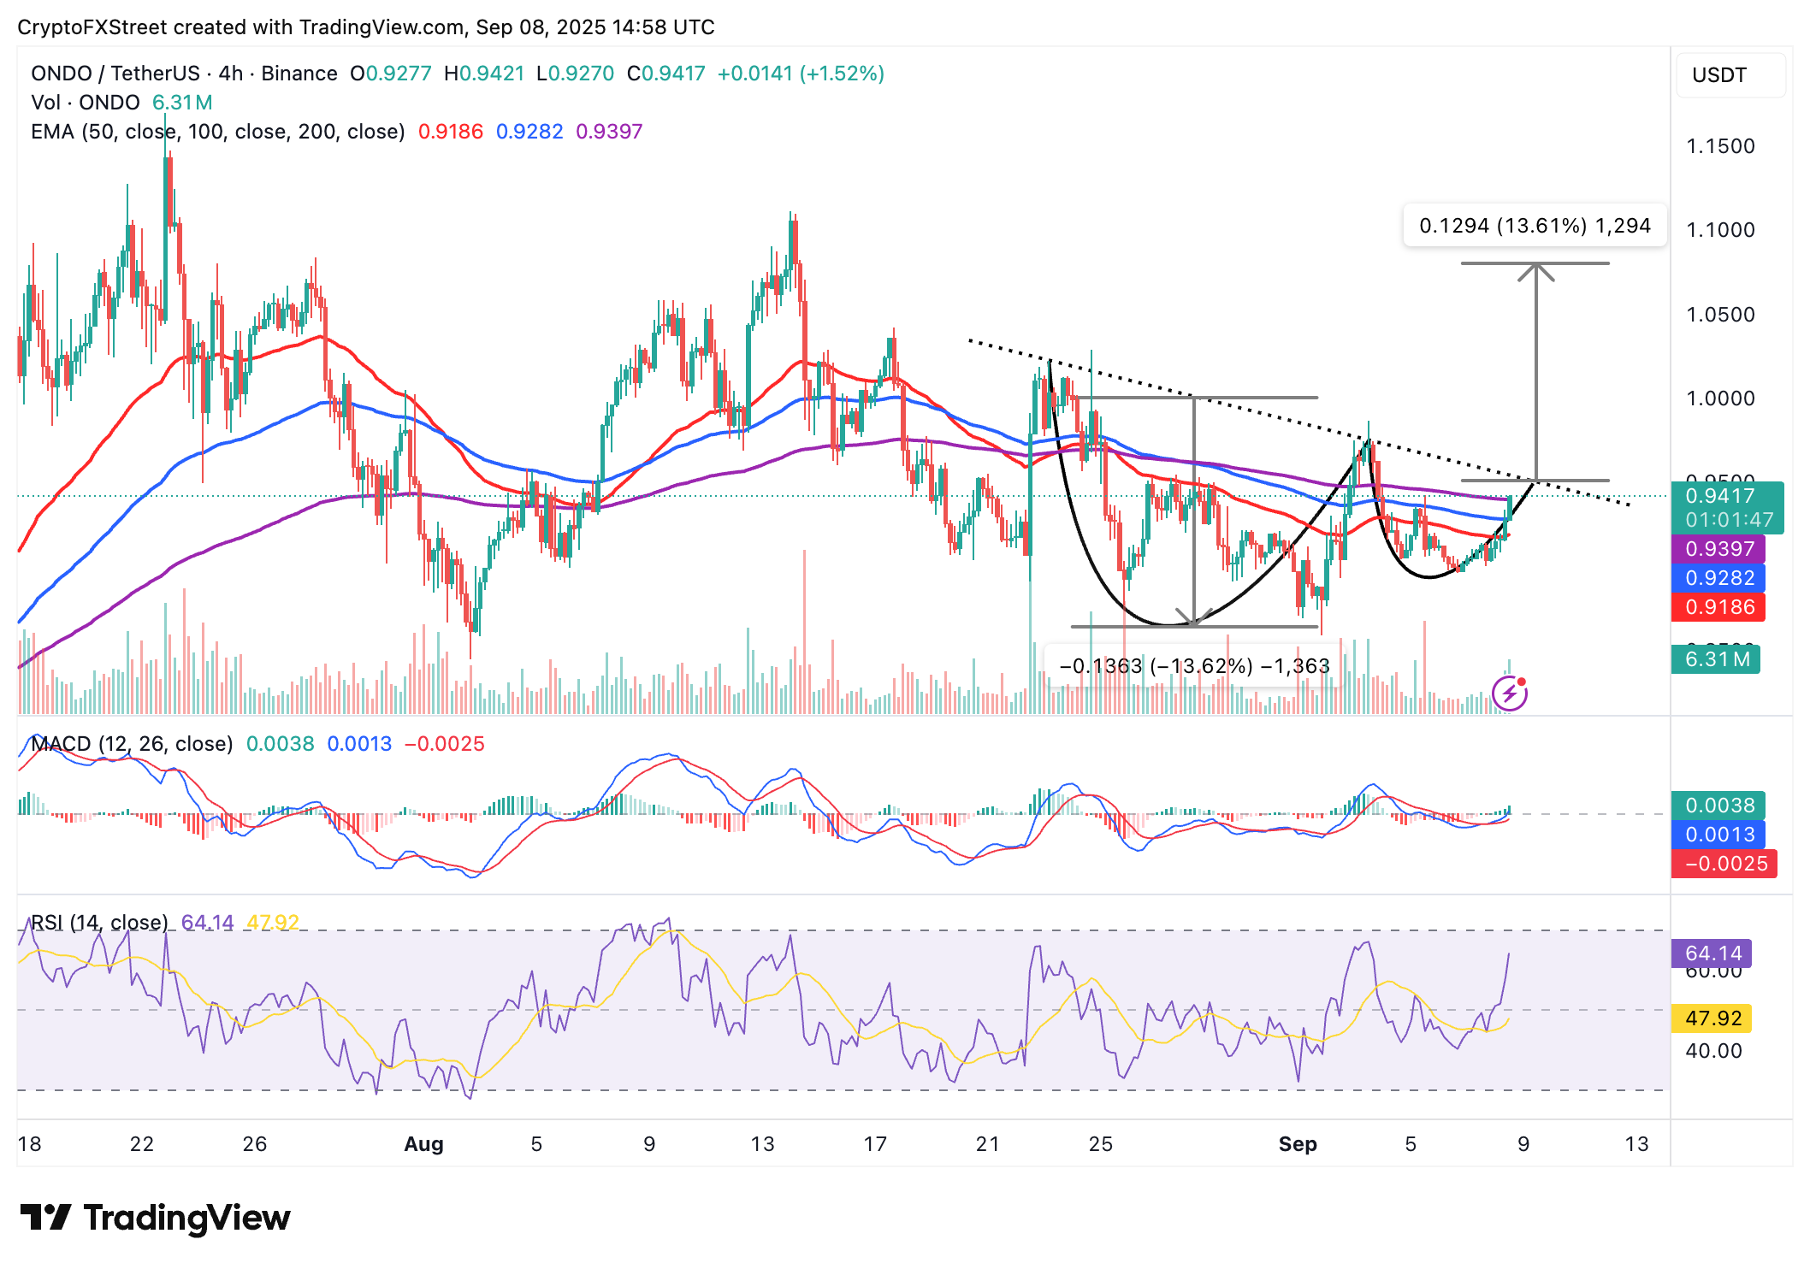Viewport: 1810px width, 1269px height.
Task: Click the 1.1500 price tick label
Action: pos(1719,146)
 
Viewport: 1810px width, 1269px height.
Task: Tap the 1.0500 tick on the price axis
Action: pos(1719,315)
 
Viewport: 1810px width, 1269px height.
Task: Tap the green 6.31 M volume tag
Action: pos(1715,659)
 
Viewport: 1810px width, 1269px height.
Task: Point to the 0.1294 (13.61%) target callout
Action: pos(1535,226)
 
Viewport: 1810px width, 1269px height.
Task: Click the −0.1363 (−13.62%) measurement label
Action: pos(1194,666)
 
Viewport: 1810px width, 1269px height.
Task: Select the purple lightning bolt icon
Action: pos(1510,693)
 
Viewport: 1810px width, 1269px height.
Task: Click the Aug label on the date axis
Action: pos(423,1144)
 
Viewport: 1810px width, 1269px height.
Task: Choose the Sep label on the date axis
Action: pos(1298,1144)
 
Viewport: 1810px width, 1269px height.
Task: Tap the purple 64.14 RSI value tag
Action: pos(1712,953)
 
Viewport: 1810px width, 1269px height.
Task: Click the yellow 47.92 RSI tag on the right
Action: pos(1712,1018)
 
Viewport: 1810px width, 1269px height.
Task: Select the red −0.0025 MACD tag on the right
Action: pos(1724,864)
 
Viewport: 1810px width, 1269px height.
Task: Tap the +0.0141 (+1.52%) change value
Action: pos(800,74)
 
